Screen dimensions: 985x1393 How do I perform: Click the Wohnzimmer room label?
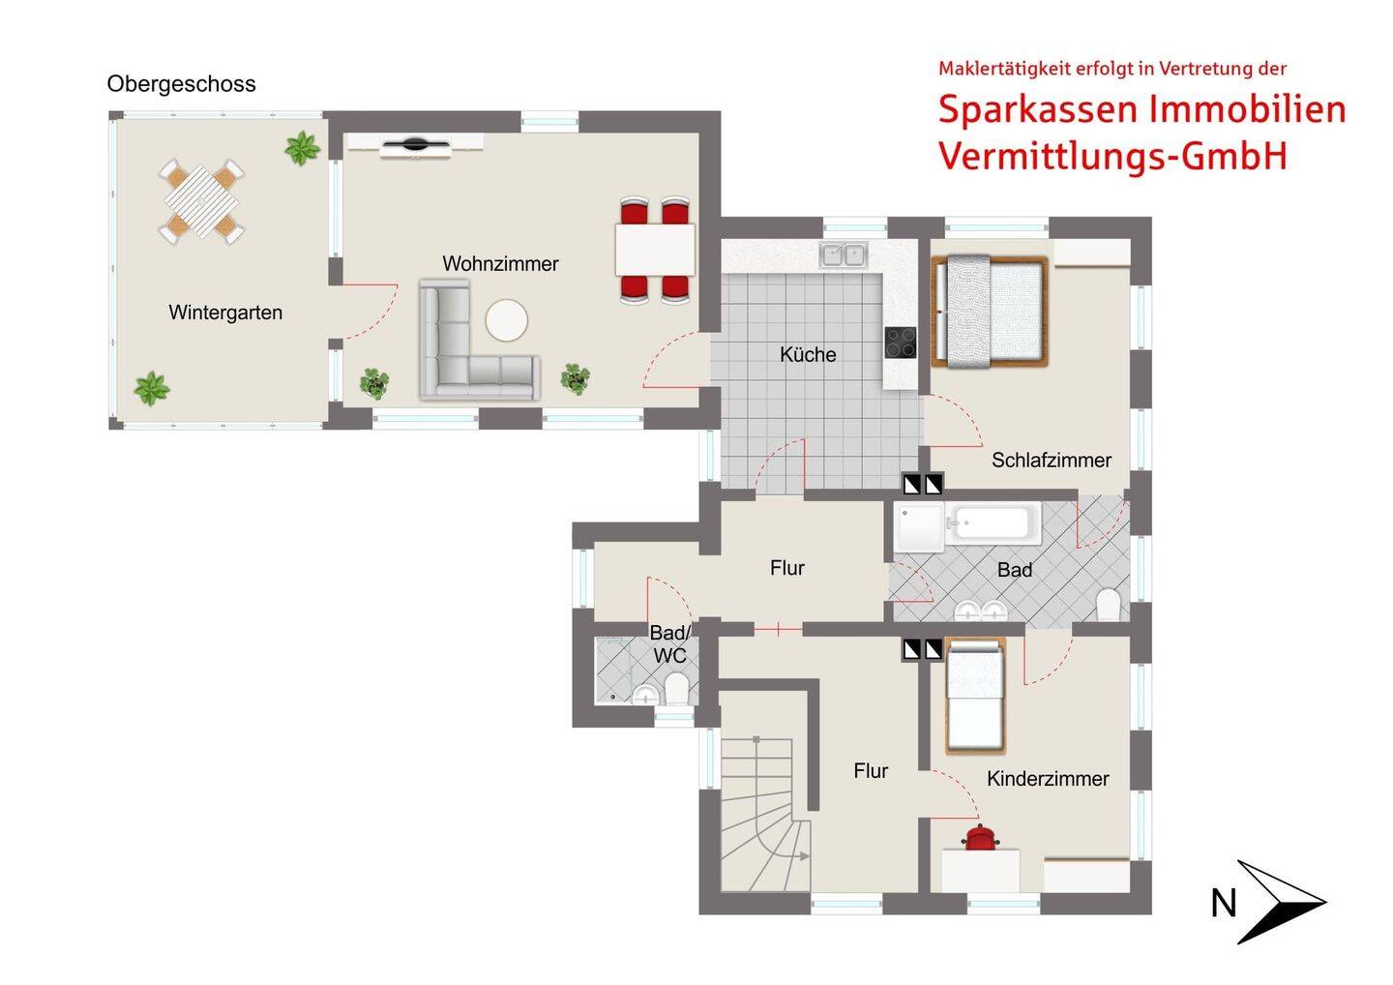[500, 263]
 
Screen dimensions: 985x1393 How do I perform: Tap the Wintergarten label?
[225, 313]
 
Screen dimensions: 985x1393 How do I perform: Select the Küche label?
[808, 354]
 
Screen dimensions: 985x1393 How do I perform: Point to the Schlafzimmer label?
[1051, 461]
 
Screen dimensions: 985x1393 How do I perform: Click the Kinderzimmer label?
[1048, 779]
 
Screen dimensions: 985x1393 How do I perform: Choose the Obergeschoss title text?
[181, 84]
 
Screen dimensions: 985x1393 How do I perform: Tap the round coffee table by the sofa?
[507, 320]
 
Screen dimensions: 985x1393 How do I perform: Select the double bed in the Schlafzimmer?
[990, 311]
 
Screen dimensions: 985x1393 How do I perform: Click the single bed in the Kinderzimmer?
[975, 697]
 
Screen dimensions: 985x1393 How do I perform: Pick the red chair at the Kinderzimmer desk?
[980, 838]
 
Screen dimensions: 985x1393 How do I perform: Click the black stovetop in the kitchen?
[900, 343]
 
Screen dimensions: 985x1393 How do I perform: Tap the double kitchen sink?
[844, 255]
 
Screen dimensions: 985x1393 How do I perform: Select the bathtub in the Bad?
[993, 523]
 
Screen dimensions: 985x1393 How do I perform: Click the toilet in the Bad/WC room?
[676, 690]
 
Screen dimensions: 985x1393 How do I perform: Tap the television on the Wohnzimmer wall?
[415, 146]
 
